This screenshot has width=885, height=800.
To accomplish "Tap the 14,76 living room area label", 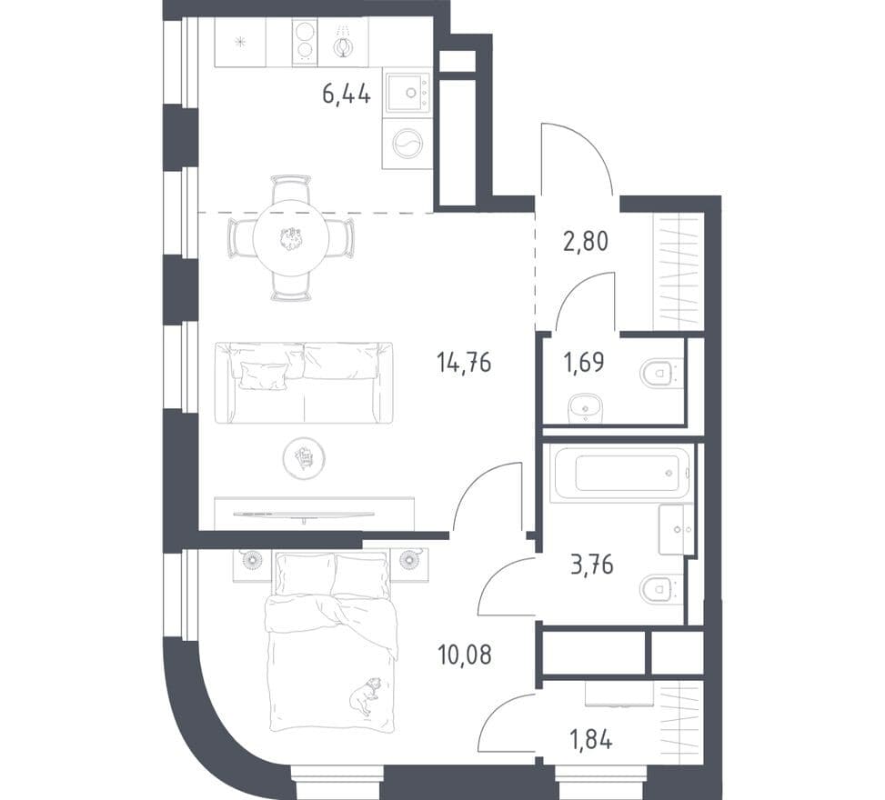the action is pos(464,362).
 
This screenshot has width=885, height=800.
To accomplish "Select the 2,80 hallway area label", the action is pos(586,242).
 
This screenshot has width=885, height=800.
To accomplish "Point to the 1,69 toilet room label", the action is pos(584,362).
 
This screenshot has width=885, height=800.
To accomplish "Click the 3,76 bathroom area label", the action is pos(592,565).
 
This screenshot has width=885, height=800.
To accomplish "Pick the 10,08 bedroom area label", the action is pos(465,655).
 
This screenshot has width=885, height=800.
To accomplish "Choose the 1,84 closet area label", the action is pos(591,739).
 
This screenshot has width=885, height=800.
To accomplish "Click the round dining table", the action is pos(291,237).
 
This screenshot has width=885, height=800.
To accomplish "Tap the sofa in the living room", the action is pos(304,382).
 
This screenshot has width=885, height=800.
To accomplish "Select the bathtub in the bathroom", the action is pos(621,473).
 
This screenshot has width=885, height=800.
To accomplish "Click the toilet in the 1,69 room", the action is pos(662,373).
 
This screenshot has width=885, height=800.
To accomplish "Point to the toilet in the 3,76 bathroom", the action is pos(661,588).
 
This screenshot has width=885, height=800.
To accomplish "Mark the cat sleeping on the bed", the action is pos(365,695).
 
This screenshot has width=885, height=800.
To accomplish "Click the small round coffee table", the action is pos(304,458).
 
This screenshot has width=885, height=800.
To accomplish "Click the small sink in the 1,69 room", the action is pos(585,407).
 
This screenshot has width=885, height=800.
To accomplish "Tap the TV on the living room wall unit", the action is pos(304,515).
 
